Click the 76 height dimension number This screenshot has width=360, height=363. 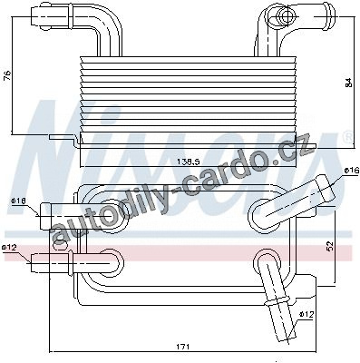point(8,74)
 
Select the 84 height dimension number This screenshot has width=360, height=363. point(348,83)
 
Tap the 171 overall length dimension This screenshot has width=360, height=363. point(183,347)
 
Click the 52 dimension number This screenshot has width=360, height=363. point(329,245)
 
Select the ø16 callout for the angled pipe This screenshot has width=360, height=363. point(351,171)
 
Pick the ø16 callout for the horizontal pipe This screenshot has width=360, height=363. point(19,201)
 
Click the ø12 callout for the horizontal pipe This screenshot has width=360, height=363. point(9,248)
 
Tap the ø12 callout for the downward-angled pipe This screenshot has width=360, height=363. point(306,315)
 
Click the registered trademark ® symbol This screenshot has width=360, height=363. point(348,136)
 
